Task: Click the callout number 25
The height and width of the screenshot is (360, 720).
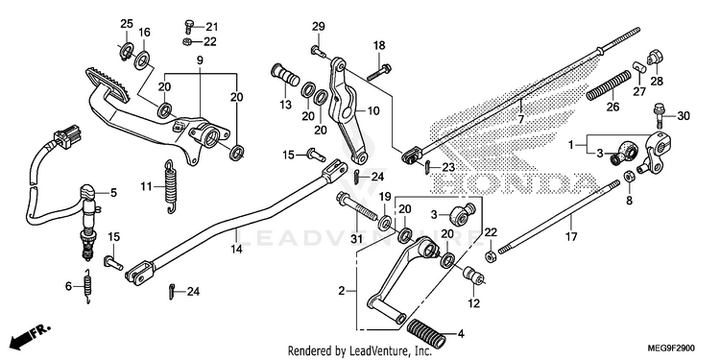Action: pos(127,23)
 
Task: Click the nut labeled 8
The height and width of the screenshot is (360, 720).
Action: pos(629,177)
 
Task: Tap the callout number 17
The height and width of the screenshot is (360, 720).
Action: pos(571,237)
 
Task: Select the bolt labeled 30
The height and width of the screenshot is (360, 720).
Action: pos(659,115)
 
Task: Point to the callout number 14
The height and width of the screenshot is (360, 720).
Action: pos(236,250)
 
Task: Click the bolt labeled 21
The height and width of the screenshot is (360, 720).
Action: pos(189,26)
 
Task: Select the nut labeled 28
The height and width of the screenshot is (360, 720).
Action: pos(654,57)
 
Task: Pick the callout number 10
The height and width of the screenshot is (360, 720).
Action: pos(372,110)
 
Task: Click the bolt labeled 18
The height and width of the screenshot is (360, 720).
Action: pos(379,72)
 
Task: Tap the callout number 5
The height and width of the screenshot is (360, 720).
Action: pos(113,193)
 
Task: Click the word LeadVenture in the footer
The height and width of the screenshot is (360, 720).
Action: pos(374,351)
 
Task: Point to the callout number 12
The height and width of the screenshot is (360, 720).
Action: pos(473,303)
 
